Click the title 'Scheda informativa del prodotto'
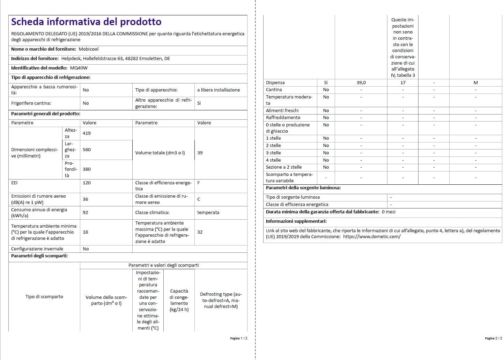(86, 22)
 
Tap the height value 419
(87, 133)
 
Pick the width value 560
(87, 150)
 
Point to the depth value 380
(87, 169)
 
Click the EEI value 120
(87, 183)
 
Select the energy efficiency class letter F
(199, 183)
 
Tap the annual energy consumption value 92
(85, 213)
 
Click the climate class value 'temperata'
(208, 213)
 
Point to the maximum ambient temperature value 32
(200, 232)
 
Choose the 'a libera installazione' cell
(219, 90)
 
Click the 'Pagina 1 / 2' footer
(238, 338)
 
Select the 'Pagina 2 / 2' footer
(493, 338)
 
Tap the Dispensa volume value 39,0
(361, 83)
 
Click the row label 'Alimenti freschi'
(282, 111)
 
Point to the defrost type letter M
(475, 83)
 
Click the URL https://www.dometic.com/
(372, 237)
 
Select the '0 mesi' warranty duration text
(389, 212)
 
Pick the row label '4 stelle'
(273, 160)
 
